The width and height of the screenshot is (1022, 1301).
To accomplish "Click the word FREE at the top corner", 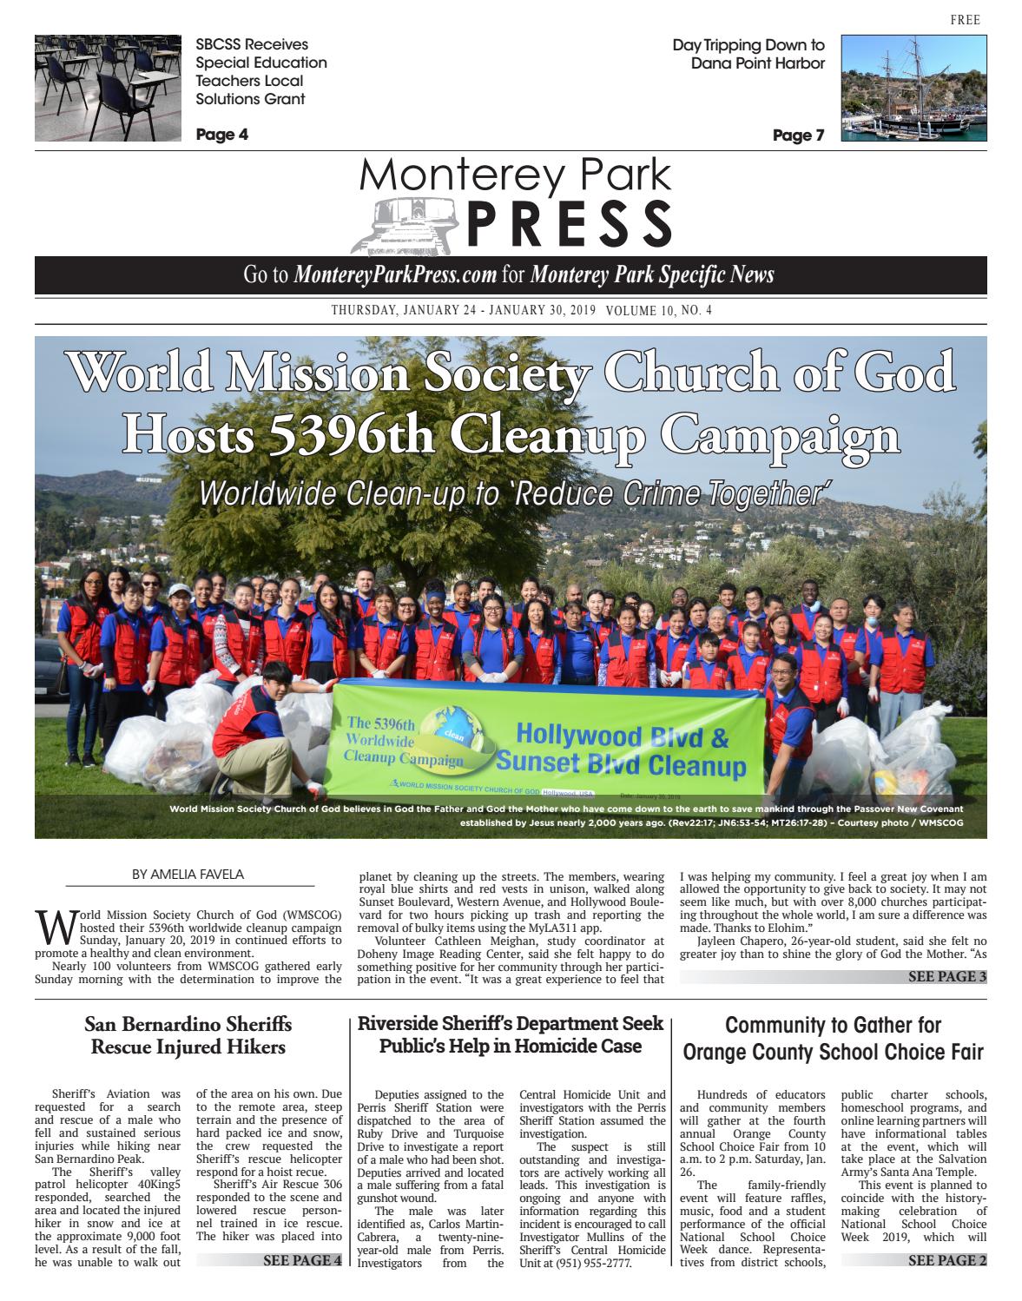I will click(x=965, y=20).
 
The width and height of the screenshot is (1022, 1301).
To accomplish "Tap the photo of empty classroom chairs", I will click(x=107, y=88).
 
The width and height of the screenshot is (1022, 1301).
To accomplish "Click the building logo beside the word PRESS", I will click(x=406, y=224).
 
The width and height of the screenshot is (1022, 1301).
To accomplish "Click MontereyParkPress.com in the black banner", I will click(x=395, y=275).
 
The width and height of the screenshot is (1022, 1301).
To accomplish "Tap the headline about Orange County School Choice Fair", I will click(x=833, y=1039).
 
